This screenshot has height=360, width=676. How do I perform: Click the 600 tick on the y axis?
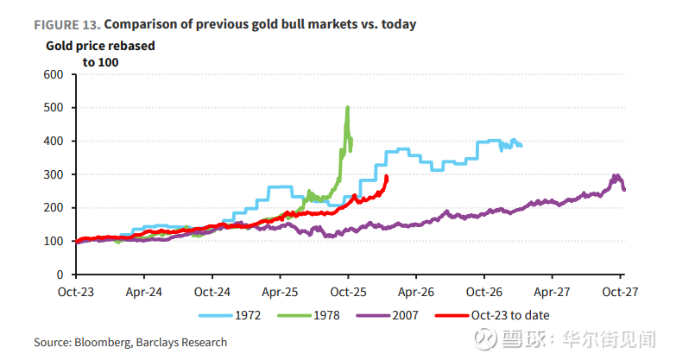(53, 74)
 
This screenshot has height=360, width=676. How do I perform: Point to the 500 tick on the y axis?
(53, 108)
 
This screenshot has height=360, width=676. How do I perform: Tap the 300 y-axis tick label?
(53, 174)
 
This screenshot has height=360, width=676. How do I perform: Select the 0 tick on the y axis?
(60, 275)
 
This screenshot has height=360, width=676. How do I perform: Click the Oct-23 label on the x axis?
(77, 292)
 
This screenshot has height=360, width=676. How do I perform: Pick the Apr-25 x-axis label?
(281, 292)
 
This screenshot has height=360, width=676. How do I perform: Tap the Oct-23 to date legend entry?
(510, 315)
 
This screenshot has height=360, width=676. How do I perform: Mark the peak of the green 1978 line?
(347, 108)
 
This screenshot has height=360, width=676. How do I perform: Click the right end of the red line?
(386, 177)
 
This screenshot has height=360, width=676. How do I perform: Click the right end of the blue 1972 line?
(520, 145)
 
